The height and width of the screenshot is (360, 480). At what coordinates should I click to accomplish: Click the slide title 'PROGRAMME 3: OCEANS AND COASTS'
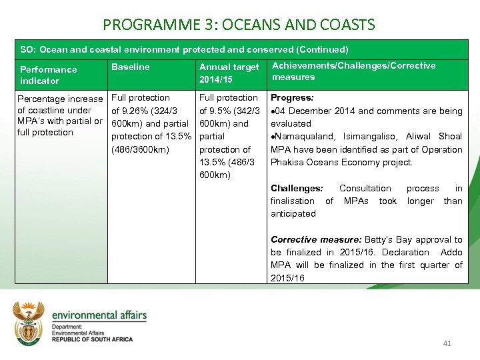pyautogui.click(x=239, y=25)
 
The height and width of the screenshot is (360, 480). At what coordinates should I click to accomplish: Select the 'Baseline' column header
pyautogui.click(x=131, y=67)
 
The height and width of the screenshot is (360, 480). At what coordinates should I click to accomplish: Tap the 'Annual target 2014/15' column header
pyautogui.click(x=229, y=73)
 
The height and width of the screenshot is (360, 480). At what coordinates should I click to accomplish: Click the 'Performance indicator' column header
pyautogui.click(x=48, y=75)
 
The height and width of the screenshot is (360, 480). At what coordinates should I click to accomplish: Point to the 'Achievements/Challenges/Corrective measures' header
pyautogui.click(x=353, y=71)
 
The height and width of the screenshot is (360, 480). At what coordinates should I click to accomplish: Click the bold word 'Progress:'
pyautogui.click(x=292, y=98)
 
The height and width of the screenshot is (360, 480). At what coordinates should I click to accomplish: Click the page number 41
pyautogui.click(x=447, y=343)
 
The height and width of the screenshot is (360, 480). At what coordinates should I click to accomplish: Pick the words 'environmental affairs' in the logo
pyautogui.click(x=99, y=315)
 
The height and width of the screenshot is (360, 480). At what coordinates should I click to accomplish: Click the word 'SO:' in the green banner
pyautogui.click(x=27, y=49)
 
